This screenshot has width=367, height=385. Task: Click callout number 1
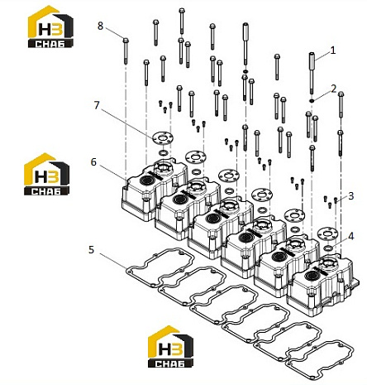(x=333, y=51)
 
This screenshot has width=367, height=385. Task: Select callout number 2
(x=333, y=89)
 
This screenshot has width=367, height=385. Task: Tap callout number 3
(x=350, y=196)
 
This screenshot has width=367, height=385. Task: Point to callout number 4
(x=350, y=236)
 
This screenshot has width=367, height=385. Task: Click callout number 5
(x=91, y=249)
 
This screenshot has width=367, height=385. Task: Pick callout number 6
(x=93, y=162)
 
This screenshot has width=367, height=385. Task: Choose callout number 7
(x=96, y=105)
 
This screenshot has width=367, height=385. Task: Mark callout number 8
(x=100, y=26)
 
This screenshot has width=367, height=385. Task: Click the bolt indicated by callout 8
(x=126, y=51)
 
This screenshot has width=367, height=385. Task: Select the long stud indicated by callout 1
(x=312, y=73)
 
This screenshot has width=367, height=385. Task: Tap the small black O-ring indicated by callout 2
(x=312, y=100)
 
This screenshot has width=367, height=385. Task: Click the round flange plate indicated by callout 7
(x=162, y=137)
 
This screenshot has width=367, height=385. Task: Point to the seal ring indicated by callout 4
(x=327, y=248)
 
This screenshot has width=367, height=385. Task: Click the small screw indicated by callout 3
(x=336, y=200)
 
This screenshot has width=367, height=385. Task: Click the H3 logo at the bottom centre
(x=170, y=347)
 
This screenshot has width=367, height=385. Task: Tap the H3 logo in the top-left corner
(x=50, y=26)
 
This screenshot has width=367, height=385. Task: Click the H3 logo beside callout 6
(x=46, y=174)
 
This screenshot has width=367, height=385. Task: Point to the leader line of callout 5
(x=113, y=260)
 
